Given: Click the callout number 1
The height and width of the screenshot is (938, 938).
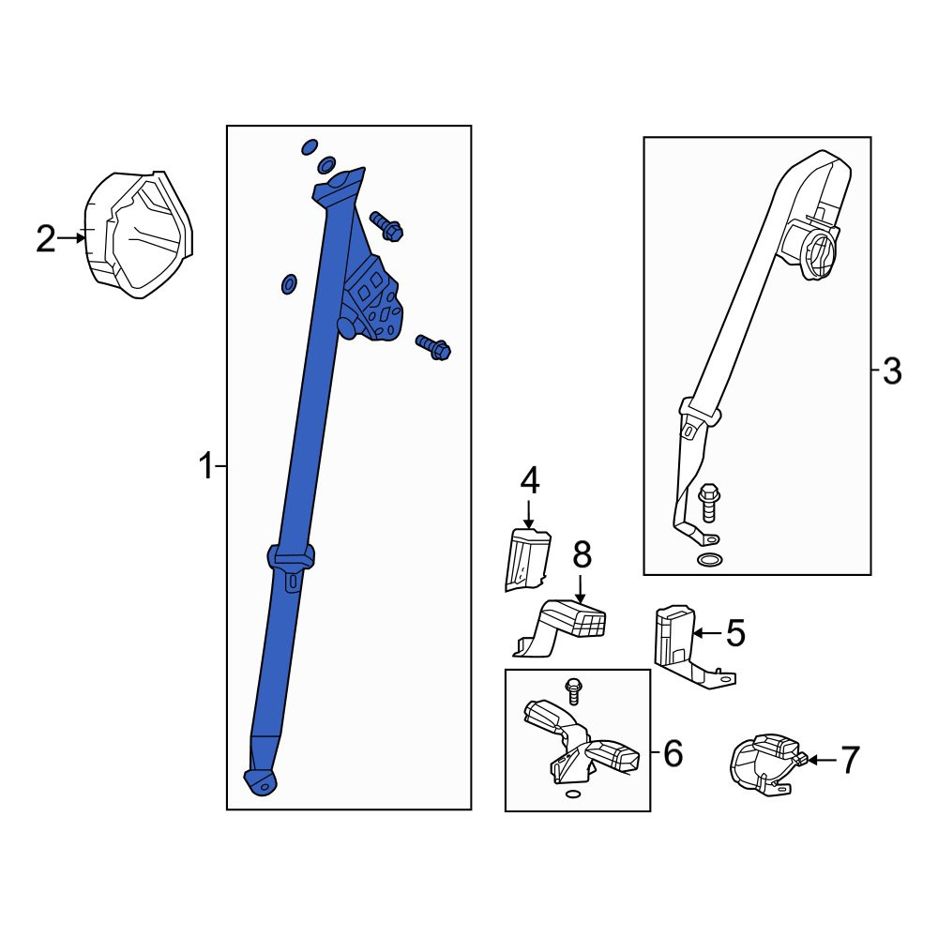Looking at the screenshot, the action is click(205, 466).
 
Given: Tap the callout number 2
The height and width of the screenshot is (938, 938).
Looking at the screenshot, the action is click(45, 238).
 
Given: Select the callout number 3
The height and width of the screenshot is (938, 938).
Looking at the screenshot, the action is click(891, 371).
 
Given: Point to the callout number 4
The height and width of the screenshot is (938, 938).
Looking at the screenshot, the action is click(530, 481).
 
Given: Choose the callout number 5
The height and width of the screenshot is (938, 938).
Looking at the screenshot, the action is click(735, 633).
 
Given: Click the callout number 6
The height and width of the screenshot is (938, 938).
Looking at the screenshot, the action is click(673, 753).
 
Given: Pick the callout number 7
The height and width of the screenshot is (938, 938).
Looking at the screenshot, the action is click(850, 760).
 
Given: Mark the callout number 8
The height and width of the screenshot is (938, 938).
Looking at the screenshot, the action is click(582, 554).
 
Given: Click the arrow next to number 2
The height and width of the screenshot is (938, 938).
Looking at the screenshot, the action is click(71, 238).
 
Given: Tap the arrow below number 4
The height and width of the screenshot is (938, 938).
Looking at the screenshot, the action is click(528, 514).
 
